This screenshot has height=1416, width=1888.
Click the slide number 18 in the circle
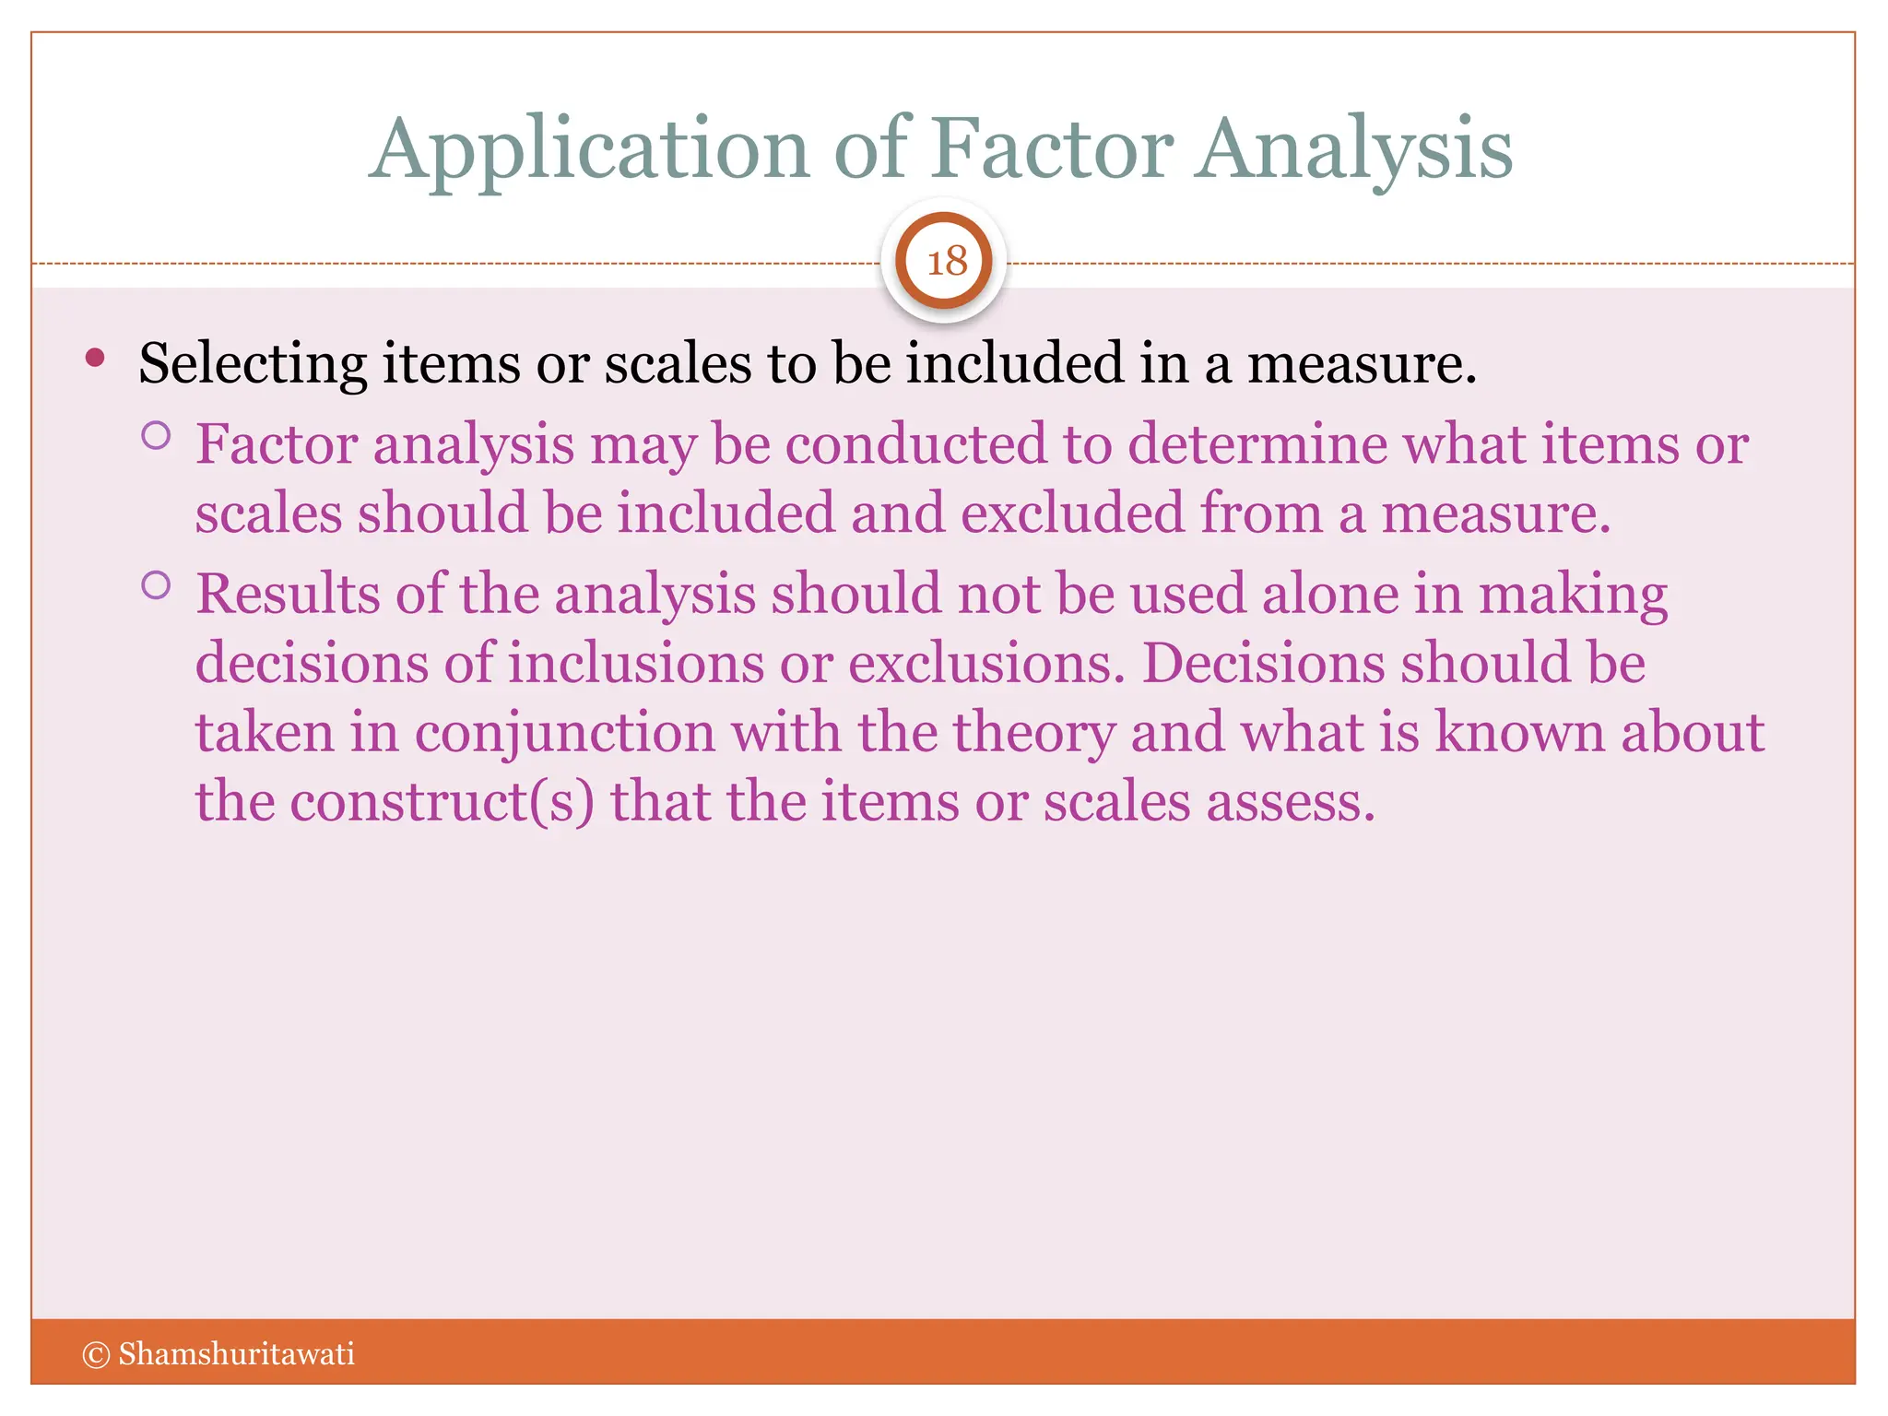coord(946,262)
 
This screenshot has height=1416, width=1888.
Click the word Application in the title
coord(590,149)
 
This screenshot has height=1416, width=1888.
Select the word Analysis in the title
coord(1354,149)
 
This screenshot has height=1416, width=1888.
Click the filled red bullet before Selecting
coord(95,358)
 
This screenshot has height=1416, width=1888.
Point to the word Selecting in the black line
coord(253,364)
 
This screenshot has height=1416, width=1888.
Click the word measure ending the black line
coord(1361,363)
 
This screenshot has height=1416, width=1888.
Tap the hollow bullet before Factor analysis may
coord(157,435)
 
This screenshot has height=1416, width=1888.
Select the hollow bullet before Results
coord(157,585)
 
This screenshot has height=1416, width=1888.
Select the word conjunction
coord(564,734)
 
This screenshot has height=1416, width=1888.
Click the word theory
coord(1033,734)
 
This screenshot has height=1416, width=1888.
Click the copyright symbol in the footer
coord(96,1354)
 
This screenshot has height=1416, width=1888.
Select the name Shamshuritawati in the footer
coord(236,1354)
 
